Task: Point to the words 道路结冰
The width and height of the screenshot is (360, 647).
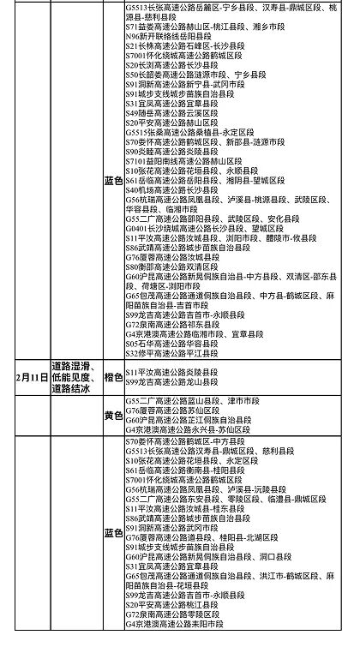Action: pyautogui.click(x=74, y=389)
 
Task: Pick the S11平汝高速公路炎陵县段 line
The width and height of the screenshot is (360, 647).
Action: pyautogui.click(x=175, y=372)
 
